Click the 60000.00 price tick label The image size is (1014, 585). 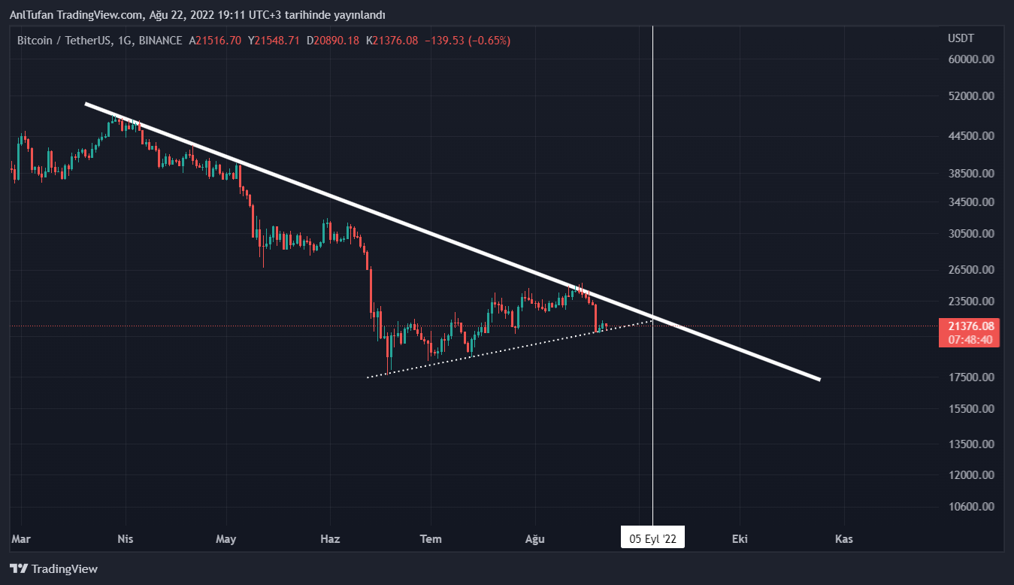pos(972,59)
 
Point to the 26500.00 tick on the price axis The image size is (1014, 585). pos(972,270)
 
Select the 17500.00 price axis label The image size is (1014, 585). pos(972,377)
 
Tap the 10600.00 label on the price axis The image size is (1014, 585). pos(972,507)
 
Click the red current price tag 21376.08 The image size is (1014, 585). pos(971,326)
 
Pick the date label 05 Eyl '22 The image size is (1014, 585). pos(652,538)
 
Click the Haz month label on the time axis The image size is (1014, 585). pos(330,539)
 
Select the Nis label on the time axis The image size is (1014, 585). pos(126,539)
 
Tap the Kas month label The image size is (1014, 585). pos(844,539)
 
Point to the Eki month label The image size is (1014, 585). pos(740,539)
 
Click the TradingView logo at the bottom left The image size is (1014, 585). pos(53,569)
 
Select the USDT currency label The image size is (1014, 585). pos(961,38)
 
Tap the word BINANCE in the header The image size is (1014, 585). pos(160,41)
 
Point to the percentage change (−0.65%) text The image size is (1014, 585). pos(489,41)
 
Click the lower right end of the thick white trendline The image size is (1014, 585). pos(819,379)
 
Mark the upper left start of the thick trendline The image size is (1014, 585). pos(86,104)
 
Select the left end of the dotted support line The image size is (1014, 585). pos(368,377)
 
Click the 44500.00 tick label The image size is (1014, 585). pos(972,136)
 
